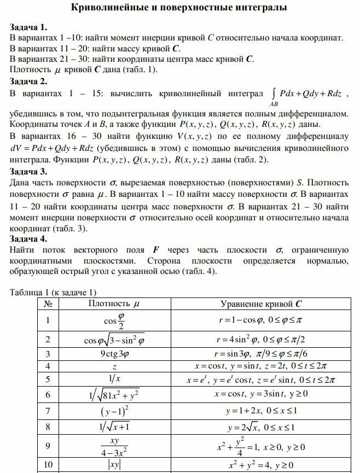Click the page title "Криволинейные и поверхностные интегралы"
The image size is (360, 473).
point(179,8)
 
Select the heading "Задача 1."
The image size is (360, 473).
point(28,27)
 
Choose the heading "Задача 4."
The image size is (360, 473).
point(28,239)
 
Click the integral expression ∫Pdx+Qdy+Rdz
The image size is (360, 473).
point(306,95)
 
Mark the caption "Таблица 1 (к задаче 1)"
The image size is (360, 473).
point(53,292)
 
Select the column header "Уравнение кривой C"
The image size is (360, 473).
point(260,303)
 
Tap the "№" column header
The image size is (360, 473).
point(49,303)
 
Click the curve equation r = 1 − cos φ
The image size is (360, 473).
point(260,321)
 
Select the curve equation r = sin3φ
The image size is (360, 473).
point(260,353)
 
